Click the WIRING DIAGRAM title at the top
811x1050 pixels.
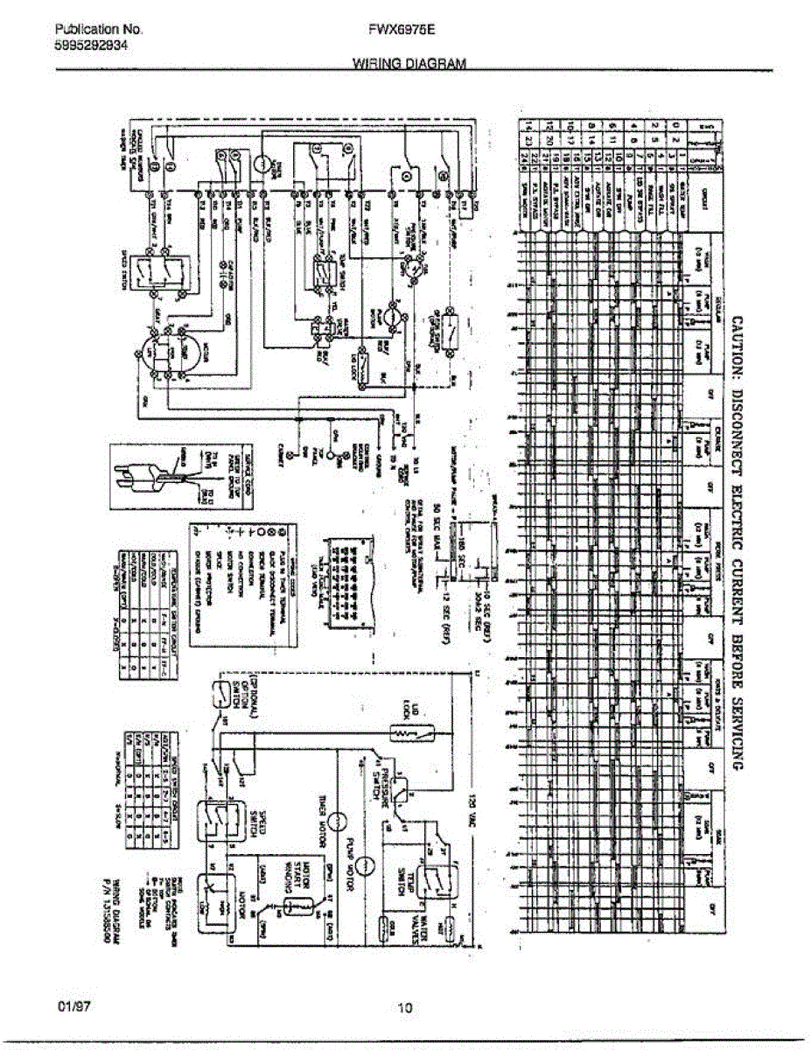click(x=409, y=63)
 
